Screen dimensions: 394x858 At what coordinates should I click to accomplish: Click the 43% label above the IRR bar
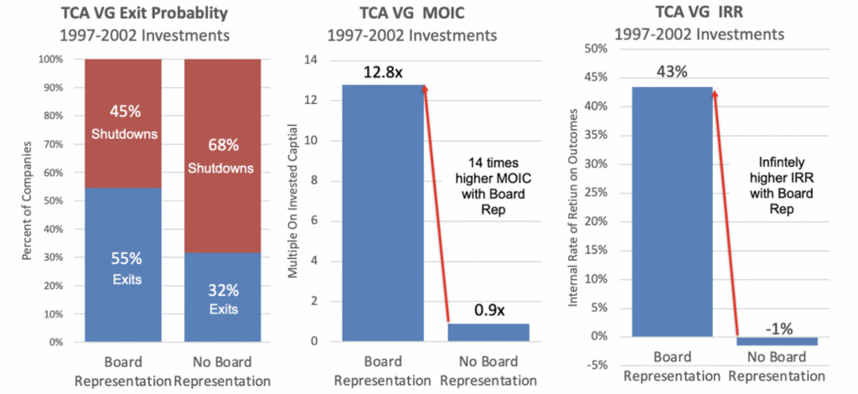(x=672, y=71)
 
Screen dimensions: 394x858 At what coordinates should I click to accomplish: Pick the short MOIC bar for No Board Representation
(x=488, y=332)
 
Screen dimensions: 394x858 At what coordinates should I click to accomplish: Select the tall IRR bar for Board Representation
(x=672, y=210)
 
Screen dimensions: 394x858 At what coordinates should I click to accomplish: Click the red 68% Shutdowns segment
(x=222, y=155)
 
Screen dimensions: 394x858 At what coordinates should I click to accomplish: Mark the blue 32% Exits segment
(x=222, y=297)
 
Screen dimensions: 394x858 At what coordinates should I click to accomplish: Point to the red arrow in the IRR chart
(x=726, y=210)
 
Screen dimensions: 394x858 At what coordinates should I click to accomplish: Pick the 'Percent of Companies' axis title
(x=23, y=201)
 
